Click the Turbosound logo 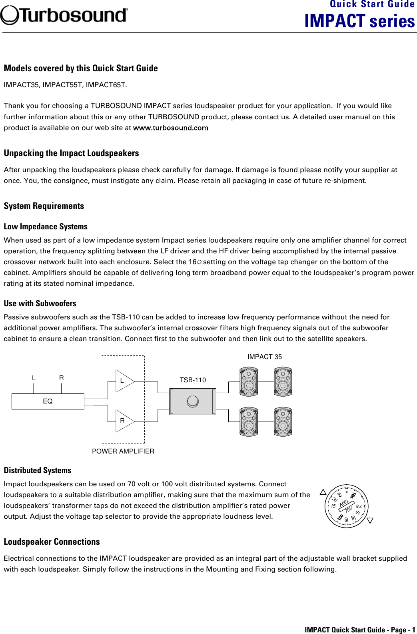[64, 15]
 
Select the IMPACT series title [359, 21]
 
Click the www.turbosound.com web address [170, 128]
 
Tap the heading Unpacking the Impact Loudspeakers [71, 153]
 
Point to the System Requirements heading [44, 206]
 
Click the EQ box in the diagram [48, 401]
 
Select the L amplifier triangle [124, 381]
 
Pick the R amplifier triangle [124, 421]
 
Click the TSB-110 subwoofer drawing [192, 401]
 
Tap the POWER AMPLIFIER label [123, 451]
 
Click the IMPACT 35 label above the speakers [264, 357]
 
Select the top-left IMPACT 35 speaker [249, 382]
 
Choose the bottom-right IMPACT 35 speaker [283, 421]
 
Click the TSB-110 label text [193, 380]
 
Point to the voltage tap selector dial [347, 506]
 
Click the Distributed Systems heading [38, 470]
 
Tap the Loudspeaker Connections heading [52, 542]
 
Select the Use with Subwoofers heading [40, 303]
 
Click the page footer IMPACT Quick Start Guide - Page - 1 [359, 630]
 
